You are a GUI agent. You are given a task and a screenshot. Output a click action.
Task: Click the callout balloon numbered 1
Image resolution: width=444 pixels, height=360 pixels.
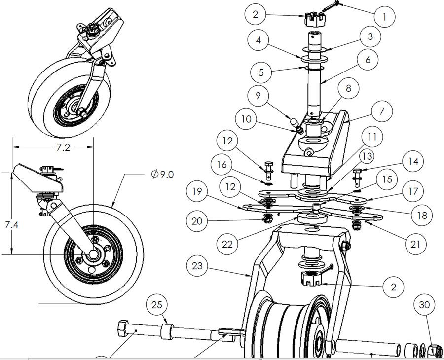[385, 16]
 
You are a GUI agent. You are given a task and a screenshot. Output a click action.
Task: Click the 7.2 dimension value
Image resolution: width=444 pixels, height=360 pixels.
[52, 148]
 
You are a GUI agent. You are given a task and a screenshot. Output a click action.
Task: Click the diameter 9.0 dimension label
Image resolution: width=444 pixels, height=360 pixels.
[162, 175]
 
